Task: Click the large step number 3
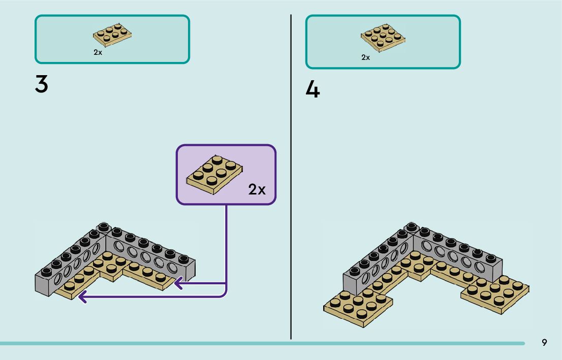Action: click(42, 84)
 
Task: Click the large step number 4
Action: click(313, 90)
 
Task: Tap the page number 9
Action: click(544, 343)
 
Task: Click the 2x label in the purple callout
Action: click(257, 190)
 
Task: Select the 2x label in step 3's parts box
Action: click(98, 52)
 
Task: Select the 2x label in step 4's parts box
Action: click(366, 57)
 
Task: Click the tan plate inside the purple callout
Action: click(214, 175)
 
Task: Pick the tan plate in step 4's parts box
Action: click(383, 38)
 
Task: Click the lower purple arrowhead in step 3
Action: click(82, 296)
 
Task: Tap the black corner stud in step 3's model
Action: click(104, 227)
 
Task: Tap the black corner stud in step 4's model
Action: click(412, 226)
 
